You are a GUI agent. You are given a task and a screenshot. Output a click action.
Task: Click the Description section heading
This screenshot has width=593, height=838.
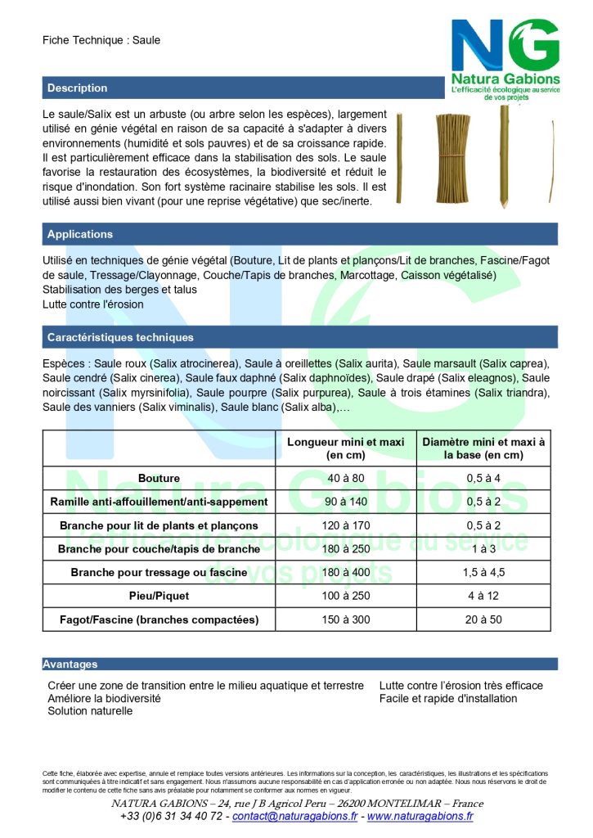[x=78, y=88]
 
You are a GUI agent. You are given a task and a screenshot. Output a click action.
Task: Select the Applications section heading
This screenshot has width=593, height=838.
[x=80, y=235]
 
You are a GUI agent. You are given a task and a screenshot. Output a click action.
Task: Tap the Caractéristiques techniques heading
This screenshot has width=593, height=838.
[x=120, y=337]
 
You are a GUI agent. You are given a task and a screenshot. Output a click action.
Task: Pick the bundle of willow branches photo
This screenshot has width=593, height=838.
[x=452, y=156]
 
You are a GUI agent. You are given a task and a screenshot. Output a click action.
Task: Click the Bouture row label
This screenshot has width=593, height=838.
[x=159, y=478]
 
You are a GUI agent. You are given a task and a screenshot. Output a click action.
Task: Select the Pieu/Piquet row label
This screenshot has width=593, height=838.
[x=159, y=596]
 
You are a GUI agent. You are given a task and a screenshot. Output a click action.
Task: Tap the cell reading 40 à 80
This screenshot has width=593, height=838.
[x=346, y=478]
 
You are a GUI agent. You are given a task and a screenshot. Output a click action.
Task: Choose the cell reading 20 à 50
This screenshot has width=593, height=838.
[x=483, y=619]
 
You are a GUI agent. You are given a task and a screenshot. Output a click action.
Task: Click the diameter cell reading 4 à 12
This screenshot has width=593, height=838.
[x=483, y=596]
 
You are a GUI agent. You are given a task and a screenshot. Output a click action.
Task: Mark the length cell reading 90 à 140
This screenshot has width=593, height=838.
[x=346, y=502]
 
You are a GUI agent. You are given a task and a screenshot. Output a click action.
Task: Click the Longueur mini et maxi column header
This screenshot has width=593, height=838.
[x=346, y=448]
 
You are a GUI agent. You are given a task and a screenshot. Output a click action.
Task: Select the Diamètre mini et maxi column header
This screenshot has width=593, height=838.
[x=483, y=448]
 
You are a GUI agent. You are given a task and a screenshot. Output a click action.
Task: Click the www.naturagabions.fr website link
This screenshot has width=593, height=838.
[x=420, y=816]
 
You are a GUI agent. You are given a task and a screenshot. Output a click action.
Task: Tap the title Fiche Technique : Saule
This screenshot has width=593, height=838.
[x=101, y=40]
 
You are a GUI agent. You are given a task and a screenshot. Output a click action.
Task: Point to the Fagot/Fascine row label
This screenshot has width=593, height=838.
[x=159, y=619]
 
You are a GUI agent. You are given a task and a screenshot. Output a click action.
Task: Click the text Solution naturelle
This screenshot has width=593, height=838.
[x=90, y=711]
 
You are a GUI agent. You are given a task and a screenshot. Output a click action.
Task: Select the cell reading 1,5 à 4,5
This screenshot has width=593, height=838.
[x=483, y=572]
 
